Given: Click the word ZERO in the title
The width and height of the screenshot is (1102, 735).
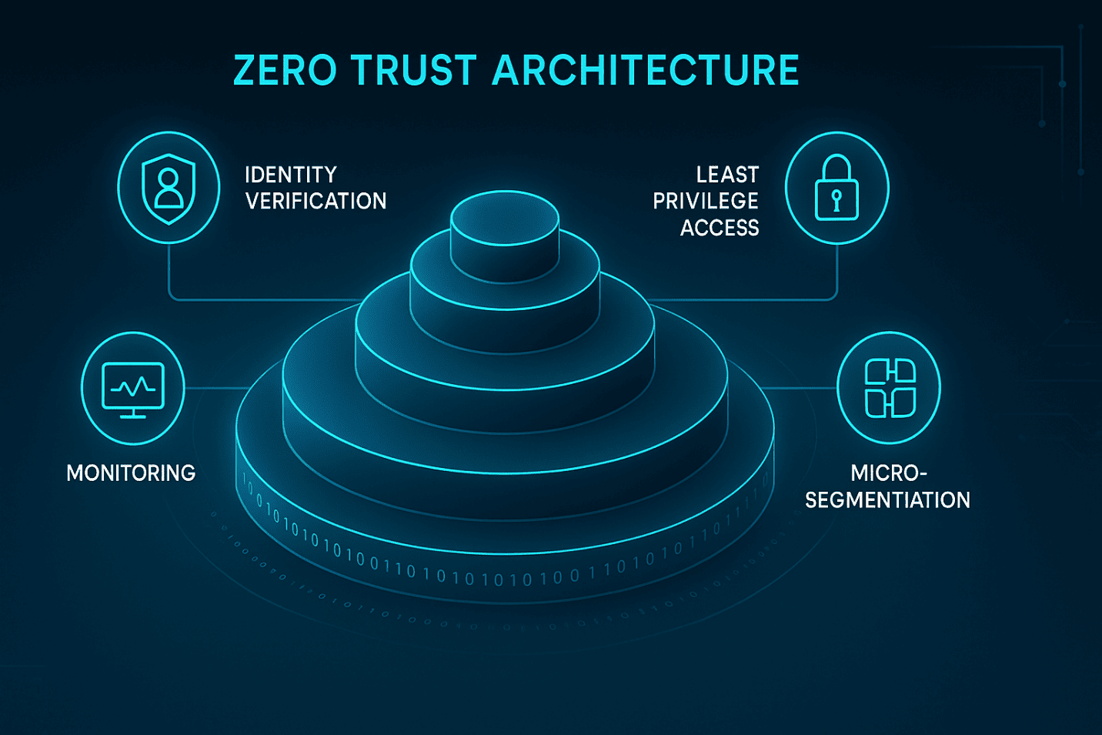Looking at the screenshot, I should pos(285,71).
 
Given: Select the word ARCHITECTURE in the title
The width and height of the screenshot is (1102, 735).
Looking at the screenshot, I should pos(646,71).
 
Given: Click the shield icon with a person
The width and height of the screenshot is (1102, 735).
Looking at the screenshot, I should pos(169,188).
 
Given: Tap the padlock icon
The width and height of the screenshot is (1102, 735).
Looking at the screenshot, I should pos(837,188).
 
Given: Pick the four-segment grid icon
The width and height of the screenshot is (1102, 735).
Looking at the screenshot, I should pos(890,388).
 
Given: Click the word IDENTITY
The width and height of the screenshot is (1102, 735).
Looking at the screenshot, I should pos(290,175).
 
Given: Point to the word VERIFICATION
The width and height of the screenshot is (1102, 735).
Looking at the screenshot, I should pos(316,202).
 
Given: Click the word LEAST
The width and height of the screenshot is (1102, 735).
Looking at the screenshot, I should pos(727,175).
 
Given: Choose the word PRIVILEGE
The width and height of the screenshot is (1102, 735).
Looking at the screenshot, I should pos(706,202).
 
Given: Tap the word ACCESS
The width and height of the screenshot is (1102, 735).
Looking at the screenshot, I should pos(720,229).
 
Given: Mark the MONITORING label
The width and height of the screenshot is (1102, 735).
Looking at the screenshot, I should pos(131,473).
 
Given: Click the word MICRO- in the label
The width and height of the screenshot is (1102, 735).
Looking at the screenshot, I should pos(889,473).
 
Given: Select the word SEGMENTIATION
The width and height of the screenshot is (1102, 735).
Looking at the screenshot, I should pos(887,500).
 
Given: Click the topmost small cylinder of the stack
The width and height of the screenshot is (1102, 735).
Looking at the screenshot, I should pos(504,223).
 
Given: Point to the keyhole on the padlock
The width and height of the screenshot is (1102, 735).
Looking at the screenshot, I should pos(837,199).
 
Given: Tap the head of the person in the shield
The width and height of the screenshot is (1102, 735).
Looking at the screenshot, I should pos(169,179).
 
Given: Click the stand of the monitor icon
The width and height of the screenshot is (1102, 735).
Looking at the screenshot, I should pos(133,414).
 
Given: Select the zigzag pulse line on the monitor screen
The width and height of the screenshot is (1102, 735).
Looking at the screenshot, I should pos(133,386).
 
